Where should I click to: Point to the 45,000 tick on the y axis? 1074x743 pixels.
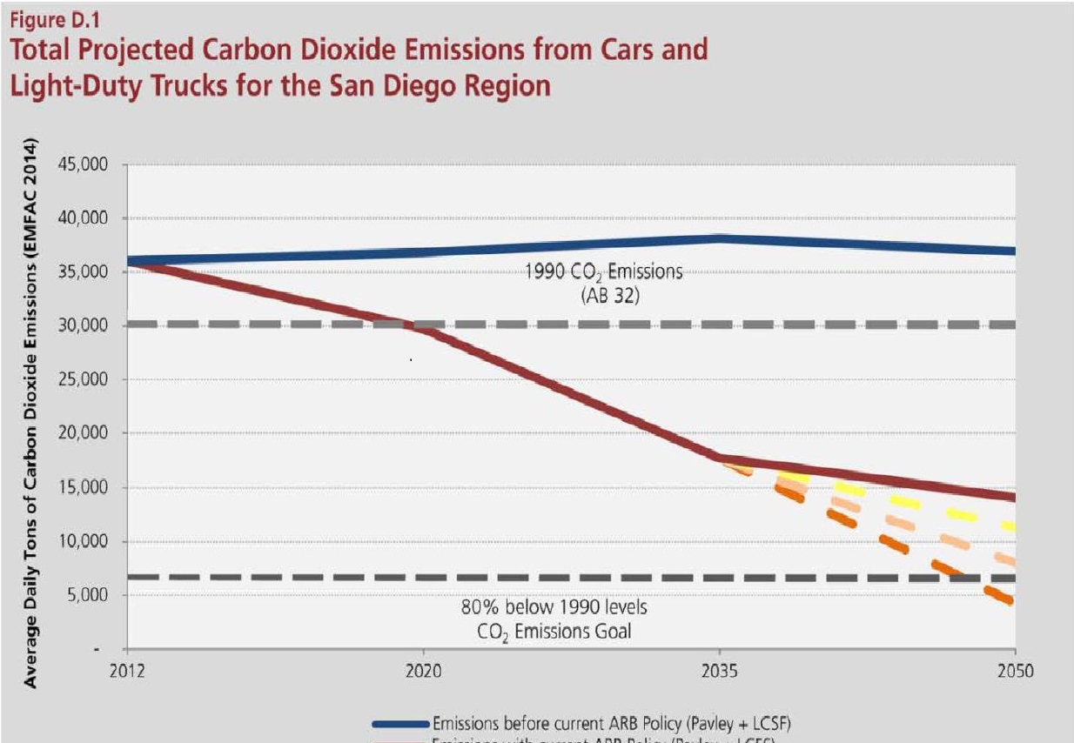[89, 164]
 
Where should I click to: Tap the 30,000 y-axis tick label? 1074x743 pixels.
[89, 325]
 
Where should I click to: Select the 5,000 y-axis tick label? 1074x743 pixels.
[92, 595]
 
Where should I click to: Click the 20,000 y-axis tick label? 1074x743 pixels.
[89, 433]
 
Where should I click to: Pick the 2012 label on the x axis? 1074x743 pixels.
[127, 671]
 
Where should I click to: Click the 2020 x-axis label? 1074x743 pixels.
[423, 671]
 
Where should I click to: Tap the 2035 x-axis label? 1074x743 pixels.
[719, 671]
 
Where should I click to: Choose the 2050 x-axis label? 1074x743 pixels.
[1015, 671]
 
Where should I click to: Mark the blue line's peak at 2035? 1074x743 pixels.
[719, 238]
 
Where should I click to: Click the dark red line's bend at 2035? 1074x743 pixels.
[719, 459]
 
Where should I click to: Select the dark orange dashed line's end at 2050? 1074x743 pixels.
[1010, 601]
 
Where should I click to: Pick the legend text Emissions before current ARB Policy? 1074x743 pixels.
[610, 721]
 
